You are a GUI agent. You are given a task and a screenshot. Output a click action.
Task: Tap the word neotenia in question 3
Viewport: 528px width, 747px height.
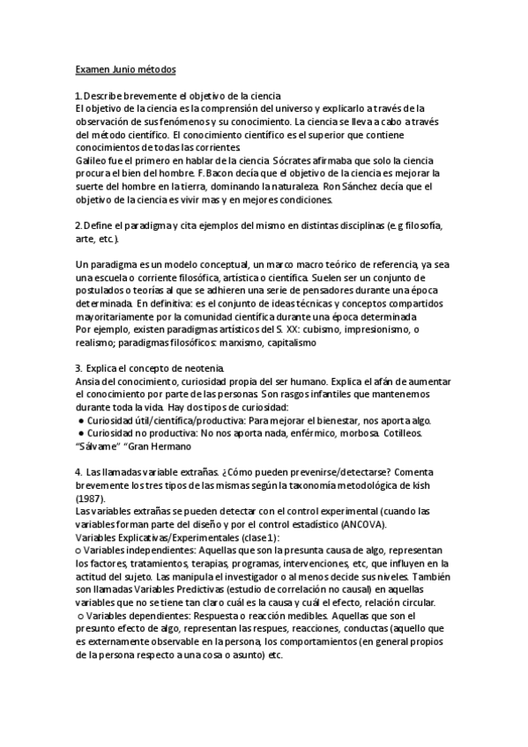[201, 367]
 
